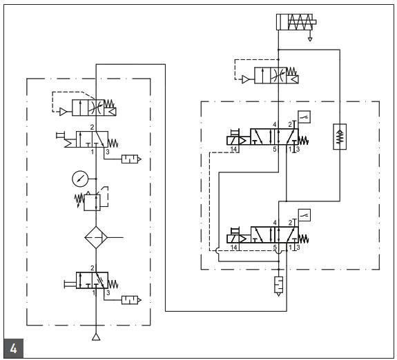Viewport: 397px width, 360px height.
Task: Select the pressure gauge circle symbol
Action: pos(81,178)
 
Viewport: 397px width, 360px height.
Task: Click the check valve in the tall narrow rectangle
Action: pos(340,135)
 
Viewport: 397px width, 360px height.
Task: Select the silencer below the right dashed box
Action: pos(278,283)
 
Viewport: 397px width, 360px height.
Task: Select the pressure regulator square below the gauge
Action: pos(95,201)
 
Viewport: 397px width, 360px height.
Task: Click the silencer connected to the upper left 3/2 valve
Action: pos(130,159)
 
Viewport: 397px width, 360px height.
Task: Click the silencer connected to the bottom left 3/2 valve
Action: pos(130,299)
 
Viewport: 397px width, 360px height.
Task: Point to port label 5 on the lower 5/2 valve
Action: pos(275,246)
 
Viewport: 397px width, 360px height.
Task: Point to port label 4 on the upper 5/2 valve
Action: pos(275,125)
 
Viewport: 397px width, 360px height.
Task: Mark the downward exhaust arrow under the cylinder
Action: pos(310,38)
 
